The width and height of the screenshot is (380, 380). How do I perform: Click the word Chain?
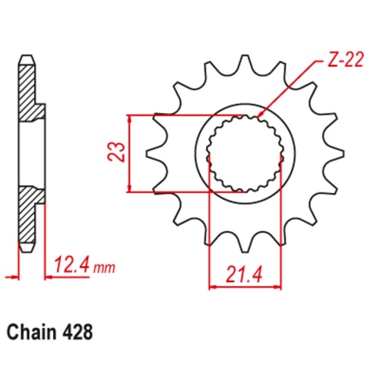coord(31,333)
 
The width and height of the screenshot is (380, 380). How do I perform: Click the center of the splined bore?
coord(244,154)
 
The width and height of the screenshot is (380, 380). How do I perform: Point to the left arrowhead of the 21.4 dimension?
coord(211,287)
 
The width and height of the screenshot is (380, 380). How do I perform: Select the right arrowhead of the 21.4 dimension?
coord(280,287)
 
